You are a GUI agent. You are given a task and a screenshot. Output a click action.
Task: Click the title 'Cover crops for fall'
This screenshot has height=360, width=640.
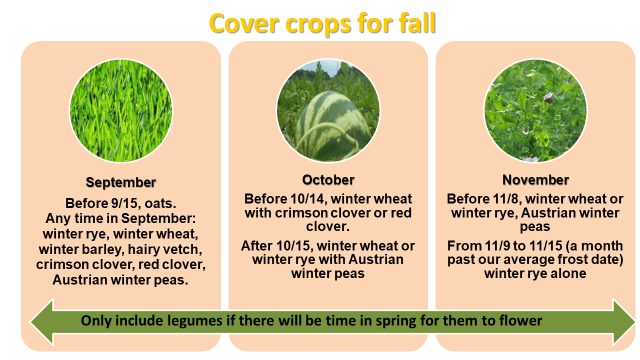click(319, 23)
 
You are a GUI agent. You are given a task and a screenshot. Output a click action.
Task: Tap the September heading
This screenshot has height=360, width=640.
click(121, 182)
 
